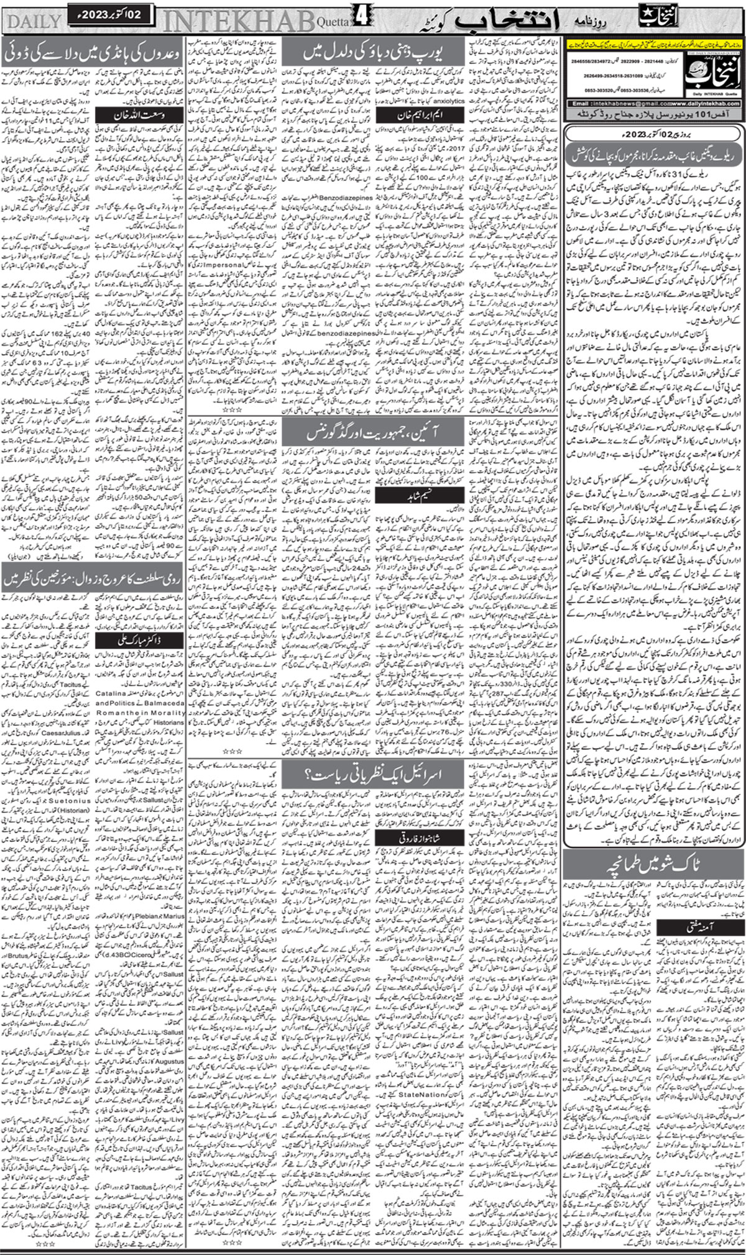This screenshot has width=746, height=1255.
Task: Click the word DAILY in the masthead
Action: [35, 22]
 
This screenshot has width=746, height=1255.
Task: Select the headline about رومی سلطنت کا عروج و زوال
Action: [93, 579]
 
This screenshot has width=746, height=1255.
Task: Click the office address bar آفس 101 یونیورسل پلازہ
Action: [653, 116]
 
